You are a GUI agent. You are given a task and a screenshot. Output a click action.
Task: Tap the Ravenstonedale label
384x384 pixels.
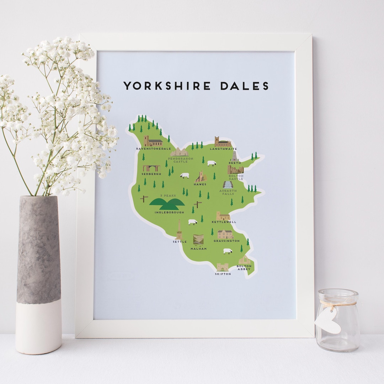(154, 149)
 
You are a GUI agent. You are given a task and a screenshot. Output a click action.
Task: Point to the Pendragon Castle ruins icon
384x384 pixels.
(179, 152)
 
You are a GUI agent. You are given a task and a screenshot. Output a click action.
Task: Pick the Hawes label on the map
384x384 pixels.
(200, 184)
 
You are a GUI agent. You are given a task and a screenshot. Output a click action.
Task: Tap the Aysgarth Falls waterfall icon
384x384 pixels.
(228, 185)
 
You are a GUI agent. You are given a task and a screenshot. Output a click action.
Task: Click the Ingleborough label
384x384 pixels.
(169, 212)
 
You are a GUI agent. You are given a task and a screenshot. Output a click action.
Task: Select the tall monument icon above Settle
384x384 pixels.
(179, 230)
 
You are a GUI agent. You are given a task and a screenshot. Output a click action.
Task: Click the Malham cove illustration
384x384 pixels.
(198, 239)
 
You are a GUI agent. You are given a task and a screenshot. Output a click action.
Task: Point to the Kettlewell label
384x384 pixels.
(224, 222)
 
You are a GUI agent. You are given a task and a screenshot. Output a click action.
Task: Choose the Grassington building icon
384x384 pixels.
(225, 234)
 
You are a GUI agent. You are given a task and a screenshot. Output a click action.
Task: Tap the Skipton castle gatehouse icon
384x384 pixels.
(223, 267)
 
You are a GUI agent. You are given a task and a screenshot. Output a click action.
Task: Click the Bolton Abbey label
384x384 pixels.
(244, 268)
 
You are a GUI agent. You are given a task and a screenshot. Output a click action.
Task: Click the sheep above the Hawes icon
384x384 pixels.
(212, 163)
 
